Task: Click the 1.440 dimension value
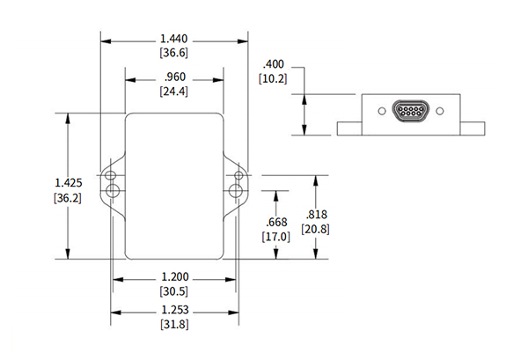tap(172, 40)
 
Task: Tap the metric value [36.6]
tap(172, 54)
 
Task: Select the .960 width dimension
tap(172, 77)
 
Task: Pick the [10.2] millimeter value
tap(275, 78)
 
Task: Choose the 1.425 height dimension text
tap(68, 182)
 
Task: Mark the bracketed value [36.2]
tap(68, 197)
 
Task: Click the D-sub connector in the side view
tap(410, 112)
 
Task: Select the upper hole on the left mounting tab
tap(112, 174)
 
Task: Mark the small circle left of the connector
tap(380, 112)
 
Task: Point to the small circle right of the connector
tap(440, 112)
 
